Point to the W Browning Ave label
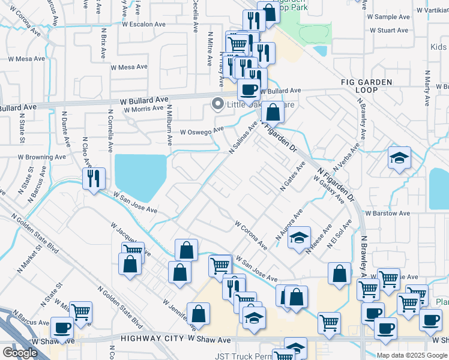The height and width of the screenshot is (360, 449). (41, 157)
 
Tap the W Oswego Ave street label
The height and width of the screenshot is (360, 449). (202, 131)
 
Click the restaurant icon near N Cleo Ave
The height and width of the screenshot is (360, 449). (94, 178)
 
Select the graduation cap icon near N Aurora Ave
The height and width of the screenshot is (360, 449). (299, 238)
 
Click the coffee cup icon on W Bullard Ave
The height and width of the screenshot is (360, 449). (249, 89)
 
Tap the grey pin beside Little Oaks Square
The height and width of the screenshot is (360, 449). (217, 104)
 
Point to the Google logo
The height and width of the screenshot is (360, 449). (20, 353)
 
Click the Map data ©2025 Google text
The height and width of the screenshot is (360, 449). (411, 355)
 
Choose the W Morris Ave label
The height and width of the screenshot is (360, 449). (143, 109)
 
